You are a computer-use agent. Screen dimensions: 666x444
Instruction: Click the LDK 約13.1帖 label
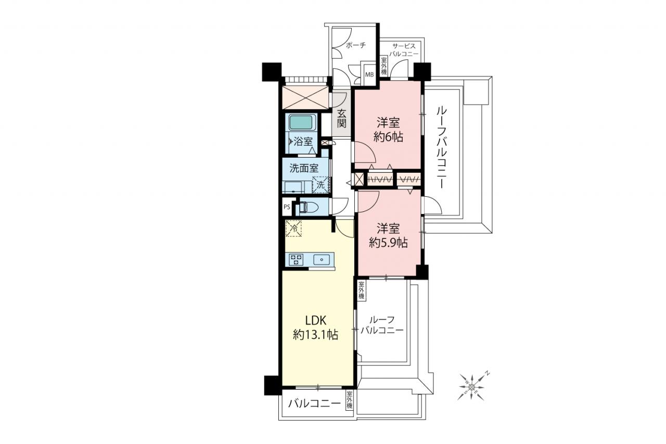315,328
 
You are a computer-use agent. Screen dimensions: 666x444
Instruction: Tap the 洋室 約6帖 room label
388,130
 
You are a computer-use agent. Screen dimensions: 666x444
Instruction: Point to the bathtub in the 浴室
301,122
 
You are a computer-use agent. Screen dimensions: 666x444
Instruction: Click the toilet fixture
308,207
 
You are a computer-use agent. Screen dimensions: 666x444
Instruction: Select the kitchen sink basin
322,259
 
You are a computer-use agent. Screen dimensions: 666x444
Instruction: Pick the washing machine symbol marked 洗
321,185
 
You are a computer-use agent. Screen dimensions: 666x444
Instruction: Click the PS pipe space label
287,207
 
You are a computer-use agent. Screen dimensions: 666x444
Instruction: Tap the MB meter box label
369,74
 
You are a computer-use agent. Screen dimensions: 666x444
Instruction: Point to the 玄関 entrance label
342,118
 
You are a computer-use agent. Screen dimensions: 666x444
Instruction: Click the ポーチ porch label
356,45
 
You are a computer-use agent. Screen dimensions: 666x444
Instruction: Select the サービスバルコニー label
404,50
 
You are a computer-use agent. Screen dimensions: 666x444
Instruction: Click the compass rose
472,387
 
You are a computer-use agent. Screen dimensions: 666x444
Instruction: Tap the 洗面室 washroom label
304,168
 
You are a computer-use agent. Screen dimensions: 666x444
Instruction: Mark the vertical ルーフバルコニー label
441,148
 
